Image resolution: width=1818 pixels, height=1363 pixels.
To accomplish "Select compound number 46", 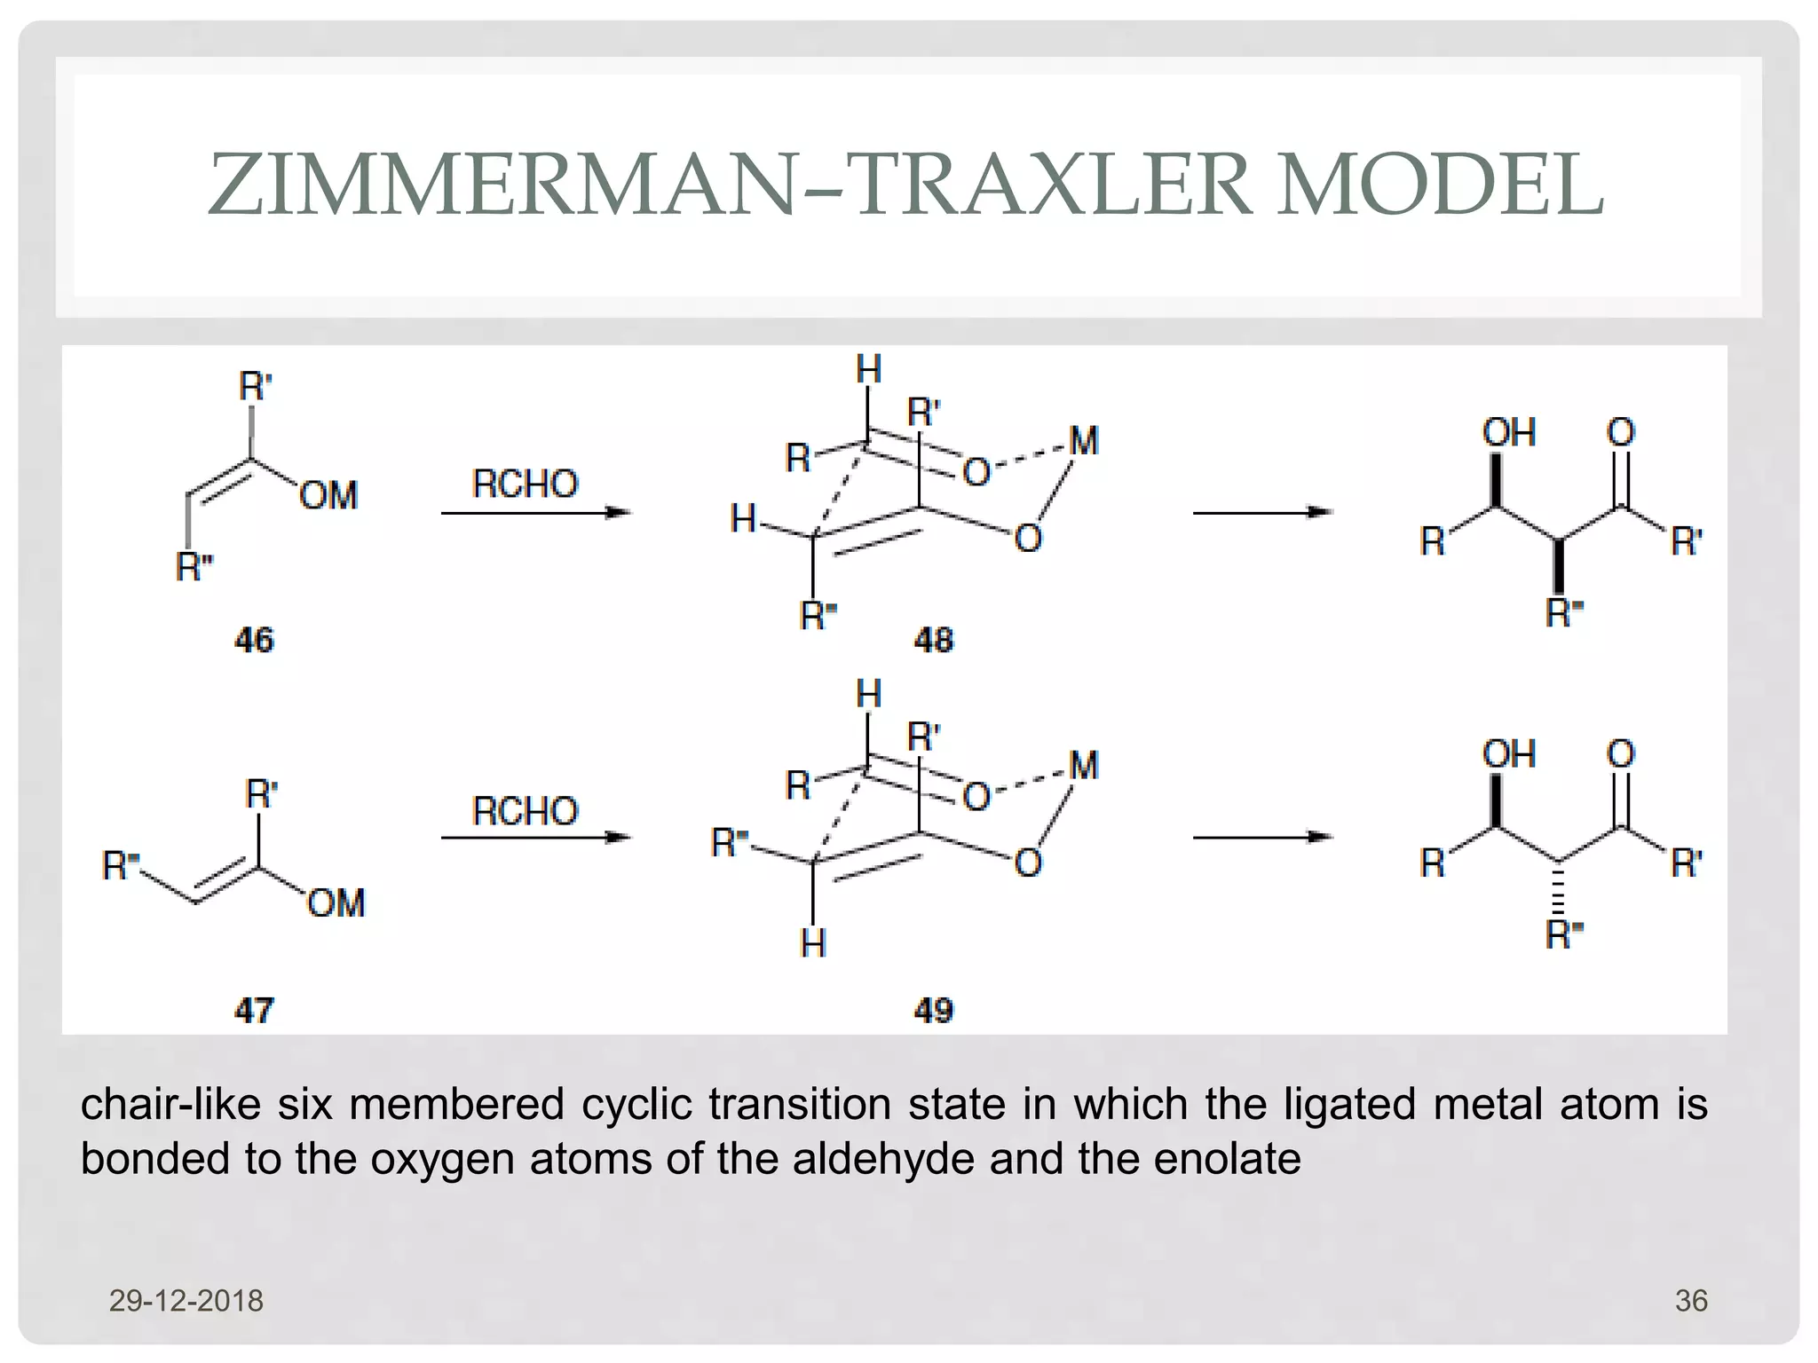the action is [x=254, y=640].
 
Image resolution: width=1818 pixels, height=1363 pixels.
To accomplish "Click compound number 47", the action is [x=254, y=1010].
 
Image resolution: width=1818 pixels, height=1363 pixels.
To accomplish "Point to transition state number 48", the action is [x=933, y=640].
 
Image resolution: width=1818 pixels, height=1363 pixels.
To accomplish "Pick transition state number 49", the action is [x=933, y=1010].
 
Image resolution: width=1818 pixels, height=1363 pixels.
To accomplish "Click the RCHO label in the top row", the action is [x=525, y=485].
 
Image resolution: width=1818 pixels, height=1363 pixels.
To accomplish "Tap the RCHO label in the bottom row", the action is [x=525, y=811].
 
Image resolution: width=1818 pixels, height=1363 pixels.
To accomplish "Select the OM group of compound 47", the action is [x=336, y=903].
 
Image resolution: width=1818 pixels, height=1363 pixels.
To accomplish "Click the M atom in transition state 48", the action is [x=1084, y=441].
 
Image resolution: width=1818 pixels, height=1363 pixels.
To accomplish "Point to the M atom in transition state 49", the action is [x=1084, y=765].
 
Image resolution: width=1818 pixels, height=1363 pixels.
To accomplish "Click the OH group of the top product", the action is [x=1508, y=433].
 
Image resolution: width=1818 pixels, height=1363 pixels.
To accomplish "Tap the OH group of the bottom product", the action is [x=1508, y=754].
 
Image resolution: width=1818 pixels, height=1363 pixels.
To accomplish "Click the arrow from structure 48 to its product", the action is [x=1262, y=512].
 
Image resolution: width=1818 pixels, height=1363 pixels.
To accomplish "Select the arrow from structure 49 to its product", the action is [x=1262, y=837].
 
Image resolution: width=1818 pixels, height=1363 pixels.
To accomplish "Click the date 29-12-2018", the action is [x=186, y=1301].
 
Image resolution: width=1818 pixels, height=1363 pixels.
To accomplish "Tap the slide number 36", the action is [x=1690, y=1301].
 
